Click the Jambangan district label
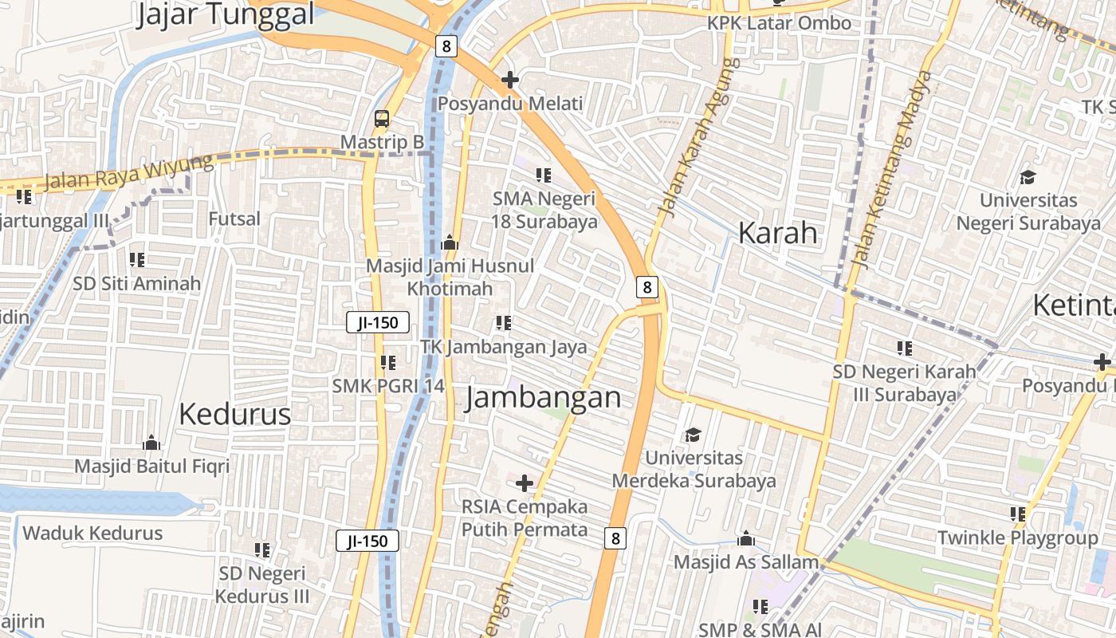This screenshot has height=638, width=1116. (543, 397)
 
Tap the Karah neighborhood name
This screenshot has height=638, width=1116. (778, 233)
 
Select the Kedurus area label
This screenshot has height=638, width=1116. (235, 415)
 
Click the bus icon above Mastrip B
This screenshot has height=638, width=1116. (382, 120)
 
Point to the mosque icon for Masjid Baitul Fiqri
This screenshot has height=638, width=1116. (151, 443)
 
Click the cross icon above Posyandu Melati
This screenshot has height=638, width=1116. (510, 81)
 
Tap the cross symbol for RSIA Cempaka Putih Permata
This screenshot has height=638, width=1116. (525, 483)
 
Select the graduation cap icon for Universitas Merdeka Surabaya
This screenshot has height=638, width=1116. (693, 435)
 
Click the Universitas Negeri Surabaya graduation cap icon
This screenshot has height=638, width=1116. (1028, 177)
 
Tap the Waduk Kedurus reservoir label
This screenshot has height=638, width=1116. (92, 534)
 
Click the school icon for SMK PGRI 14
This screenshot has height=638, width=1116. (388, 363)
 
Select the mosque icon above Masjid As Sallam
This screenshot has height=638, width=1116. (746, 539)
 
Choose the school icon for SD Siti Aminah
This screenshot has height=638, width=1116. (137, 260)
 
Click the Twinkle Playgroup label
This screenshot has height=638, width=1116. (1017, 538)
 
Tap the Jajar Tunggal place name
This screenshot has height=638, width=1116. (226, 14)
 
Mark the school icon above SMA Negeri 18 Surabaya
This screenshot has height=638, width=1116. (544, 175)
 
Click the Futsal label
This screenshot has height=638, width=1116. (234, 219)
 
